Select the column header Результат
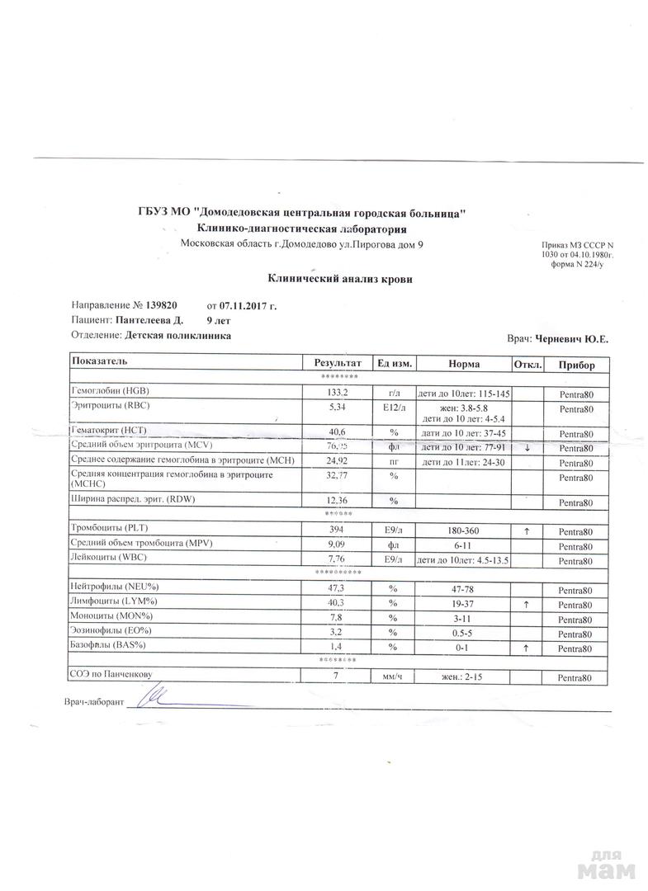[x=338, y=364]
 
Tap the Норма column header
[x=464, y=364]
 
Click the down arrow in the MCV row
[x=527, y=448]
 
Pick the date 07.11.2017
[x=243, y=306]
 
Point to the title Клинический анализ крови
[x=340, y=279]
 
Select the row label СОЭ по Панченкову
[x=112, y=675]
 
